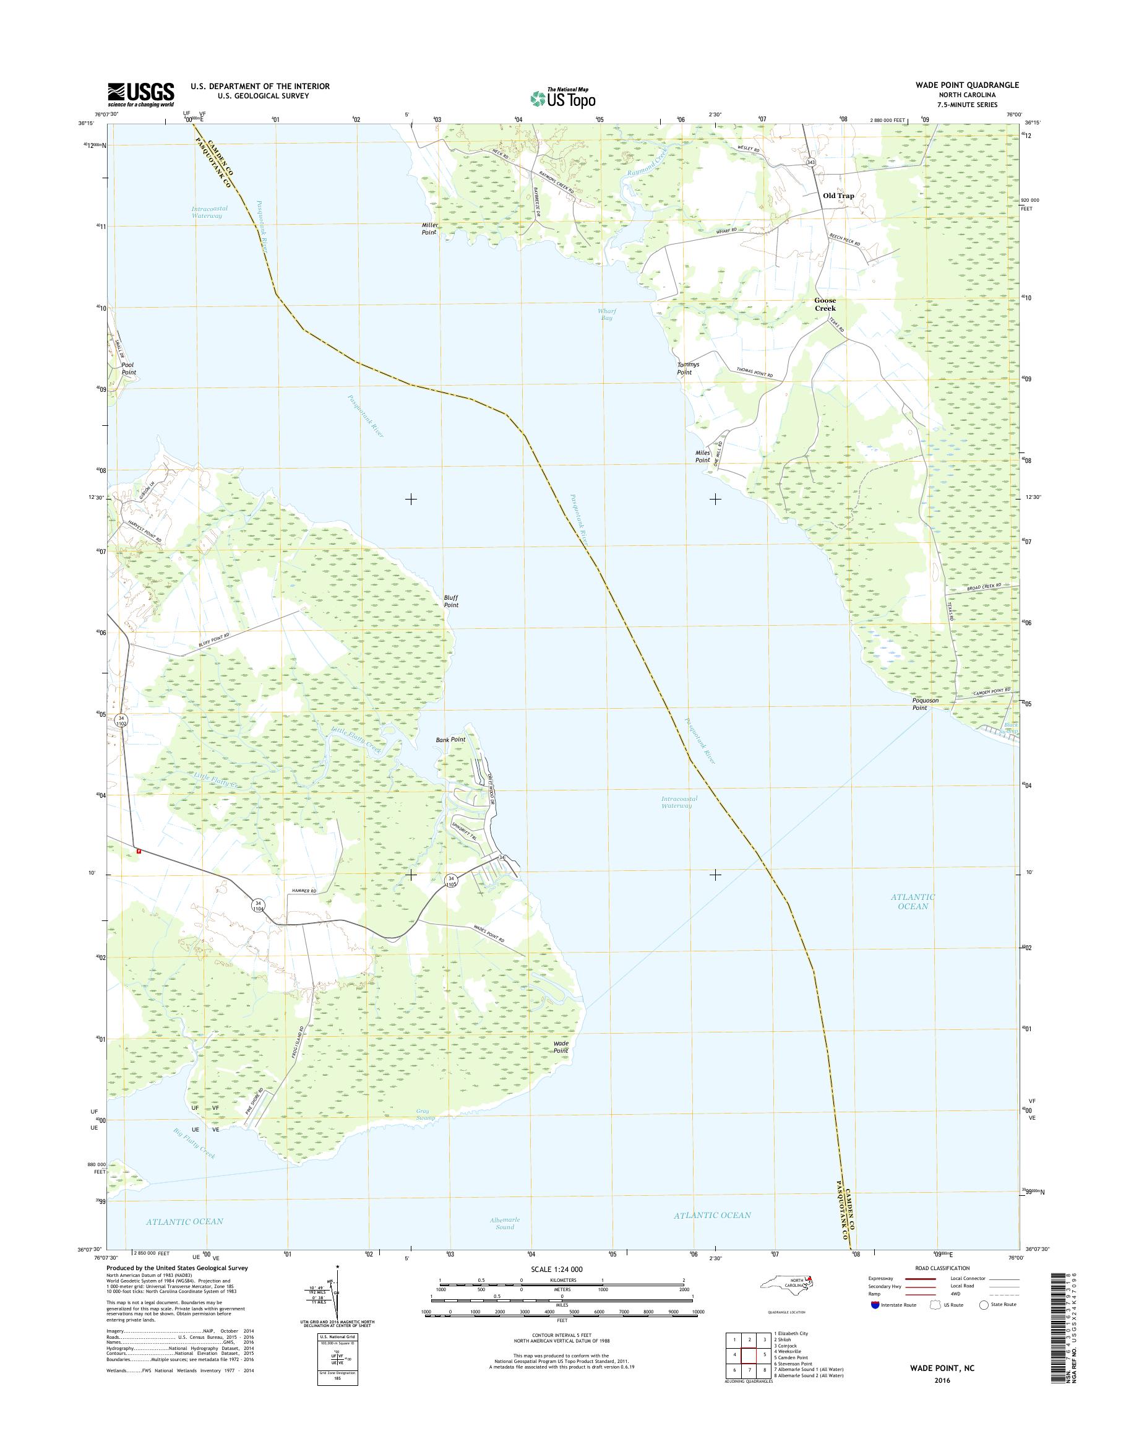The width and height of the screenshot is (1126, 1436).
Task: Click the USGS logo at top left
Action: (x=141, y=93)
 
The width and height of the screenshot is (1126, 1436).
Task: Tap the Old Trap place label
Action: (x=838, y=196)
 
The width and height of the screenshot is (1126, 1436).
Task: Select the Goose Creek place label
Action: (x=825, y=304)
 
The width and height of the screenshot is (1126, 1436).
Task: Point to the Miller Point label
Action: (x=429, y=228)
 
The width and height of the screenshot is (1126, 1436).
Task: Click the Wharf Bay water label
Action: (x=606, y=314)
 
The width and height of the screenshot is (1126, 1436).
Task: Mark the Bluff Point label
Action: (x=451, y=601)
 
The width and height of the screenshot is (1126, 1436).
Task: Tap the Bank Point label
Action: (x=450, y=740)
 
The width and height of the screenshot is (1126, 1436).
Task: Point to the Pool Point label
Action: (x=129, y=368)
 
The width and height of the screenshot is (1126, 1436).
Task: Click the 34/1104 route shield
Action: (x=259, y=906)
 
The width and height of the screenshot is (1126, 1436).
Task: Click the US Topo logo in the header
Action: (x=562, y=98)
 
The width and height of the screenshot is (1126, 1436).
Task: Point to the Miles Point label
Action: (x=702, y=456)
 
